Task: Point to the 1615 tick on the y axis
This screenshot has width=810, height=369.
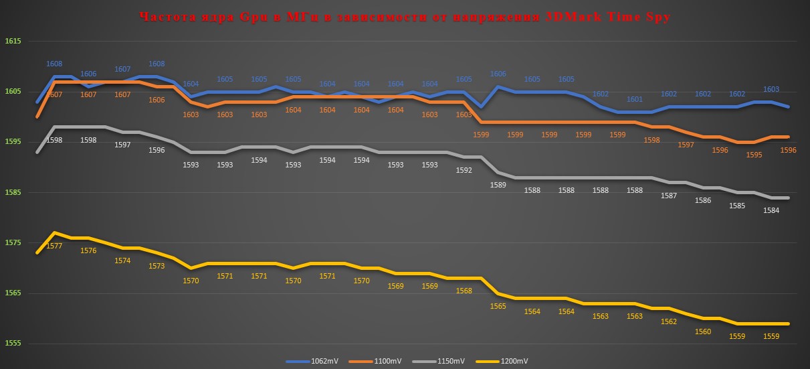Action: [13, 42]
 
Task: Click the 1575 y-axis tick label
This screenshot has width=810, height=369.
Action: [13, 243]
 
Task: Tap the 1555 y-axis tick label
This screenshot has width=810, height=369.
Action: [13, 344]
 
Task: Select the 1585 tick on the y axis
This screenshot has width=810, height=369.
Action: [13, 193]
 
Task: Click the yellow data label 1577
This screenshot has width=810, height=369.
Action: [54, 246]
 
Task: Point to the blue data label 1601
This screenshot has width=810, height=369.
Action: [635, 100]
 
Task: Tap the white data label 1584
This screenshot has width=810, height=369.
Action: [771, 210]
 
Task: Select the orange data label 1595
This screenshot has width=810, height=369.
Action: [754, 155]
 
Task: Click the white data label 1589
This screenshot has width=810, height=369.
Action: [498, 185]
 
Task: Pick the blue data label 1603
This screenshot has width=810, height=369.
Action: [771, 89]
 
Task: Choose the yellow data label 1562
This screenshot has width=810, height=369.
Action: [669, 321]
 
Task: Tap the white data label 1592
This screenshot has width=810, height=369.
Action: [464, 170]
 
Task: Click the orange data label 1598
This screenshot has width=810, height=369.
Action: [651, 140]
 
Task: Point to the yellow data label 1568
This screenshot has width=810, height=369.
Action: [464, 291]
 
